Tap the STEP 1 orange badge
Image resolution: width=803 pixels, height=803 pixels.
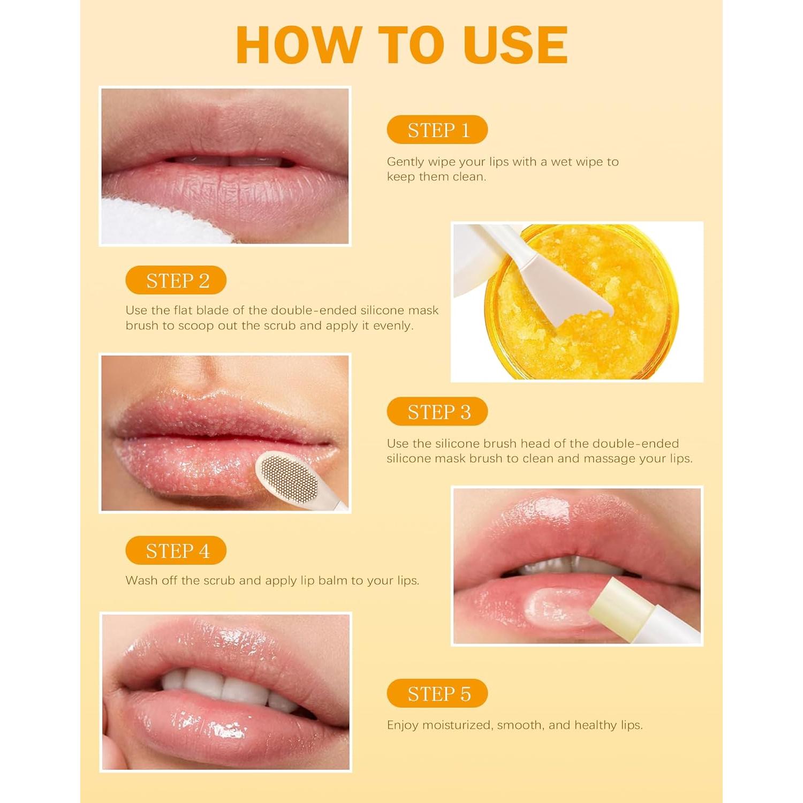pos(437,130)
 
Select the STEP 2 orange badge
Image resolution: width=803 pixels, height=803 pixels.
pos(176,281)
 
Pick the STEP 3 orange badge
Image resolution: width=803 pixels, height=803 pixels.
pos(437,412)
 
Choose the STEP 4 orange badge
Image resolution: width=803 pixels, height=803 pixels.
pos(176,551)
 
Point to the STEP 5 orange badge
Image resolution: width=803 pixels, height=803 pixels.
pos(437,694)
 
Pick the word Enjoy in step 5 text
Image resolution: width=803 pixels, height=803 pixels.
pos(402,725)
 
